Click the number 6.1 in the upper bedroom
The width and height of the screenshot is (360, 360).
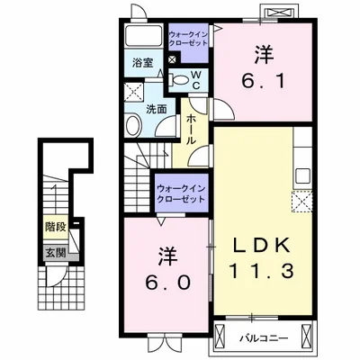[x=262, y=82]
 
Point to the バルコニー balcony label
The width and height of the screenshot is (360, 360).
[x=263, y=340]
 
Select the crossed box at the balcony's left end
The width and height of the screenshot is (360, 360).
[x=220, y=340]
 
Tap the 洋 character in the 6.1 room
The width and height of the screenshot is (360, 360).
[x=263, y=54]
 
